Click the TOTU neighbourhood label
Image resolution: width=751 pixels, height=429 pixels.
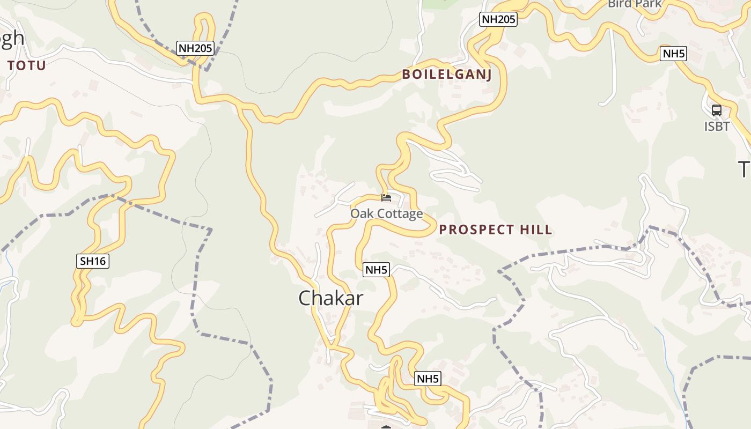26,66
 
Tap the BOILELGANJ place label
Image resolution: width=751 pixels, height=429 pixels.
447,74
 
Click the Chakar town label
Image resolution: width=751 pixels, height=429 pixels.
330,298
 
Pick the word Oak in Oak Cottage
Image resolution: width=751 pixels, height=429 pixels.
360,214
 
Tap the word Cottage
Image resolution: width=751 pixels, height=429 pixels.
398,214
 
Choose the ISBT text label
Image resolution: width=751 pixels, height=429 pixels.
717,127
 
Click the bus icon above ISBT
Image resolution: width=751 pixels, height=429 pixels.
716,110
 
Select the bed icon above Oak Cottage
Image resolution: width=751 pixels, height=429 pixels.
386,197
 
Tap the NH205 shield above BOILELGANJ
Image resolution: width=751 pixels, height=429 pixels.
498,20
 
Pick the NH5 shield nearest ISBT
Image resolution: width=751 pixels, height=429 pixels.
674,54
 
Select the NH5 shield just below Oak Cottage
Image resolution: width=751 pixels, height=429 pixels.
376,270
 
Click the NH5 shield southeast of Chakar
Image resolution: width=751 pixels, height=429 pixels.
428,379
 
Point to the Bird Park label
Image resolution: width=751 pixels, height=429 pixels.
635,4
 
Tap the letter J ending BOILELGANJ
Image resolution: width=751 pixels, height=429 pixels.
488,75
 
